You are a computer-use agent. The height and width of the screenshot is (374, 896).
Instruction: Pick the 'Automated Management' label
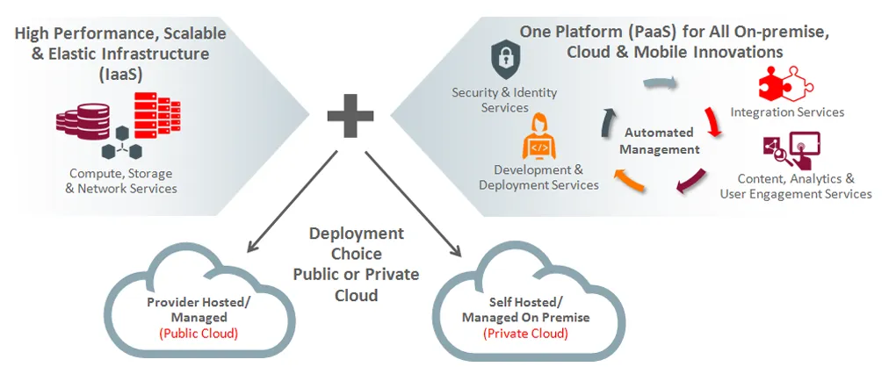coord(659,140)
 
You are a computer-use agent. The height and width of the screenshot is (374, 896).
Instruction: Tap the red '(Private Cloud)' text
coord(525,334)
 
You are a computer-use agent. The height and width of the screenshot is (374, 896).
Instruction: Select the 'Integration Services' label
coord(787,112)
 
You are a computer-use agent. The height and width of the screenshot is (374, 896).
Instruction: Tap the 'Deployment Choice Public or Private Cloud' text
coord(356,264)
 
